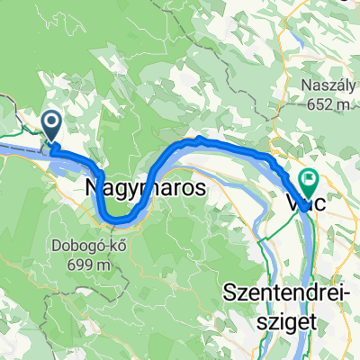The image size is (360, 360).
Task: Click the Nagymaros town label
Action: pyautogui.click(x=144, y=189)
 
